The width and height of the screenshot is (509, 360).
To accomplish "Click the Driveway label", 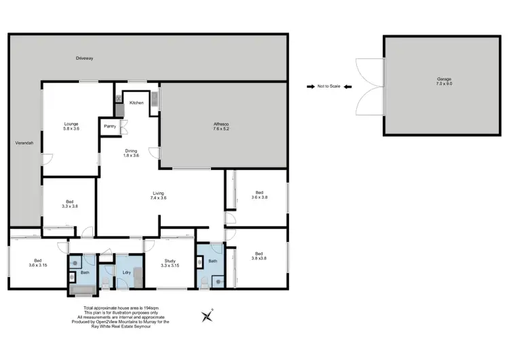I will click(x=85, y=58).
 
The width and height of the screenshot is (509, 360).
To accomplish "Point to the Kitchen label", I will click(x=136, y=103).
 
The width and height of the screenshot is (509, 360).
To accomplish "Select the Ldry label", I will click(x=126, y=273).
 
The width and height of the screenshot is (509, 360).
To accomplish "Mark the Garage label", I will click(x=444, y=82).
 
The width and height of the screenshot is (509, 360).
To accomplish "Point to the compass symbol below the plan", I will click(x=207, y=315).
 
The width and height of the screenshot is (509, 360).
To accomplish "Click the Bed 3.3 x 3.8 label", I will click(x=70, y=204).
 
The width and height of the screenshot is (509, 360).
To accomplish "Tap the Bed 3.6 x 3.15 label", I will click(x=38, y=263).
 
